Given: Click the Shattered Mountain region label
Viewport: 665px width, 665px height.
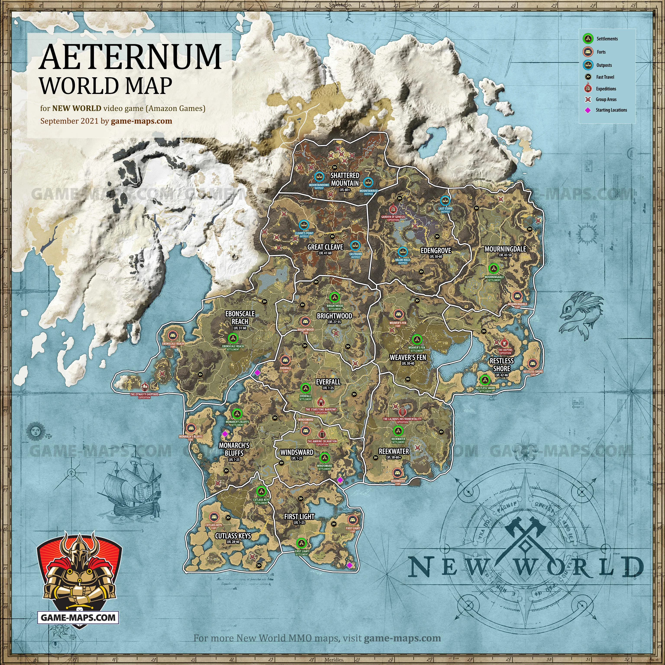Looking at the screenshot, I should (345, 179).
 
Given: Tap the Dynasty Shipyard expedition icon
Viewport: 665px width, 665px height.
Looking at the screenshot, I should (145, 387).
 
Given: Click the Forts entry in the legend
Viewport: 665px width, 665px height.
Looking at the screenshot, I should (601, 52).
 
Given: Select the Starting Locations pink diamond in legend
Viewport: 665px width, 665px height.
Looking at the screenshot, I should (588, 110).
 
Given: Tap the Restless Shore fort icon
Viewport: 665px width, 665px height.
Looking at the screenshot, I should (533, 363).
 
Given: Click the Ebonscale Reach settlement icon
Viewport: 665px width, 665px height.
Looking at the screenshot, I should (233, 338).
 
